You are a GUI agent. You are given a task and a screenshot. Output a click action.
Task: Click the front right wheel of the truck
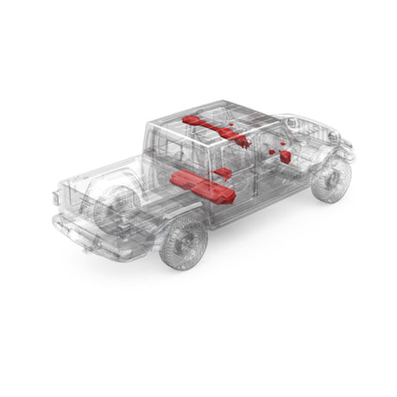(331, 180)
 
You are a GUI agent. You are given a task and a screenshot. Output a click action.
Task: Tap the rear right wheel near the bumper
(183, 243)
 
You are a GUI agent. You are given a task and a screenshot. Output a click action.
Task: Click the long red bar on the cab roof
(211, 128)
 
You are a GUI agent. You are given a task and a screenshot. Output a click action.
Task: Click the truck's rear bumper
(91, 237)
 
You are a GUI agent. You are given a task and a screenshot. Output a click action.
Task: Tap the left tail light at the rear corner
(57, 198)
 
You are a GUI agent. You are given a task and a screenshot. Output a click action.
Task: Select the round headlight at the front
(333, 135)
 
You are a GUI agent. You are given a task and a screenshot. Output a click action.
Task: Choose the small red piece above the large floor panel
(222, 173)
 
